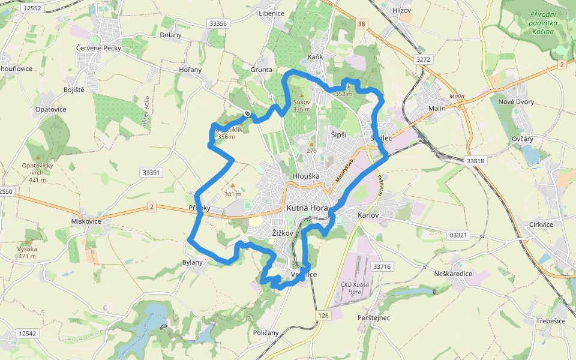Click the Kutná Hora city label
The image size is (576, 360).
pos(307,208)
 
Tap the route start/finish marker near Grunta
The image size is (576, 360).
pos(247,113)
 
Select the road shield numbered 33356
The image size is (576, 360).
pos(217,23)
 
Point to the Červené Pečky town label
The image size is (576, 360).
pos(98,47)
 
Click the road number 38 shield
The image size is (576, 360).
pos(360,25)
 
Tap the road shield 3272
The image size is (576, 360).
pos(423,59)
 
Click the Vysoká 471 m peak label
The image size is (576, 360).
pos(27,253)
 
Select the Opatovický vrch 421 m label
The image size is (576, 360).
pos(38,172)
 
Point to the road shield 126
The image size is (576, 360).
pos(324,315)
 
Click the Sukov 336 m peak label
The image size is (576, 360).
pos(302,106)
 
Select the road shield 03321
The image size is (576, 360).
pos(457,235)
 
